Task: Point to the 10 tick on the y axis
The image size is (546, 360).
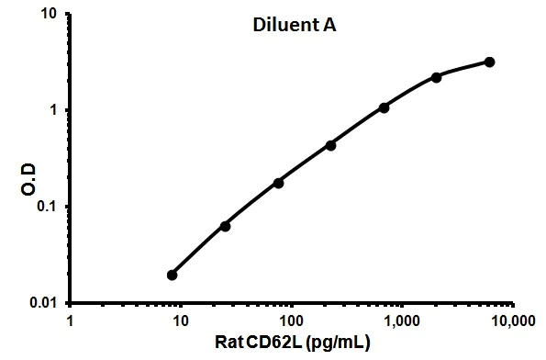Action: click(x=50, y=15)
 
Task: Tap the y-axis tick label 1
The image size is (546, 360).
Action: click(x=55, y=110)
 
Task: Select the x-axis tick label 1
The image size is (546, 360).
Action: click(x=71, y=321)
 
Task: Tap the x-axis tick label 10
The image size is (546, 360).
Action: click(x=181, y=321)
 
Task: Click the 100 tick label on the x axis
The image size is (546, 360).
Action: click(x=292, y=321)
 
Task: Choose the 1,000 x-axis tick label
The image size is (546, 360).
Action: click(x=402, y=321)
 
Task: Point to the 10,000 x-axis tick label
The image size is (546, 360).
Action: click(x=510, y=321)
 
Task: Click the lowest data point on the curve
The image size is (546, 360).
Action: click(x=173, y=275)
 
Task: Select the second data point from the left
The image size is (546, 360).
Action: click(x=226, y=226)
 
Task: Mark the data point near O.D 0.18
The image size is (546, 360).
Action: click(x=278, y=183)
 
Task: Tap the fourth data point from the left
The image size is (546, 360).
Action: click(x=330, y=145)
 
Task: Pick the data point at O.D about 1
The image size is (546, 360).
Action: click(x=384, y=107)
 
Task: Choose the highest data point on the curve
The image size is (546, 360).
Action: click(x=489, y=62)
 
